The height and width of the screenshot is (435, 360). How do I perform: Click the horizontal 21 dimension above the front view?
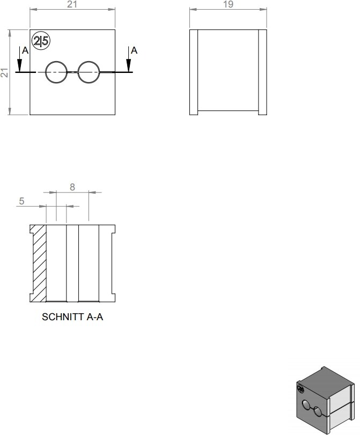pos(72,4)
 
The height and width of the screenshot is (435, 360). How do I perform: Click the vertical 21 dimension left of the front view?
pos(4,72)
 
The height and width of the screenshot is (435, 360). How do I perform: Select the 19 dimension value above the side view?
pos(228,4)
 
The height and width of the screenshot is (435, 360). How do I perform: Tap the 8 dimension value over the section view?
pos(72,187)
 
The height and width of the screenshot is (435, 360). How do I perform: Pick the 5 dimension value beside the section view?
pos(21,201)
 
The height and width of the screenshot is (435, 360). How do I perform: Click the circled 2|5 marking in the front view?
pos(41,41)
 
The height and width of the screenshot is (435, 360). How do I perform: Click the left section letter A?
pos(25,50)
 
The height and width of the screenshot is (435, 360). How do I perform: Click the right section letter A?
pos(134,50)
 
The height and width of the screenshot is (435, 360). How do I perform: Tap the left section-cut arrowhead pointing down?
pos(19,65)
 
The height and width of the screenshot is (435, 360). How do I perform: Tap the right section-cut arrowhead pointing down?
pos(129,65)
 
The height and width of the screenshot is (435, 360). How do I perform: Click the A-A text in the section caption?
pos(95,317)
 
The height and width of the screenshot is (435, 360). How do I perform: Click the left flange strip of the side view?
pos(194,72)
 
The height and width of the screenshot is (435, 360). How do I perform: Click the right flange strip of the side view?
pos(262,72)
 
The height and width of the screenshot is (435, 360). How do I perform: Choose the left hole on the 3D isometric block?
pos(306,405)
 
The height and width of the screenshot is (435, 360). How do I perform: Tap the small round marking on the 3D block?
pos(300,389)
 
